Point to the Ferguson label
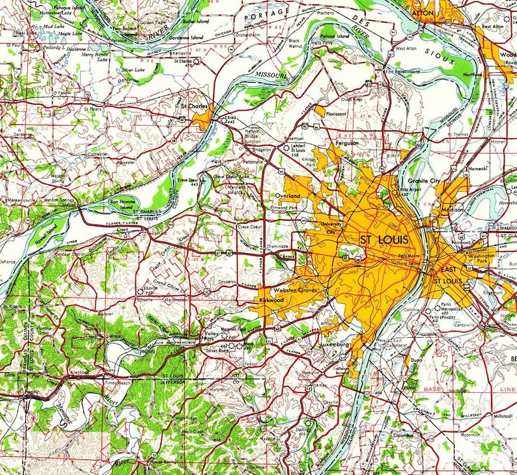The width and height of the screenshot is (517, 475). click(346, 142)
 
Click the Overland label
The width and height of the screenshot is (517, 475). click(287, 195)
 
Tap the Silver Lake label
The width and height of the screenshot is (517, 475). click(133, 69)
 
